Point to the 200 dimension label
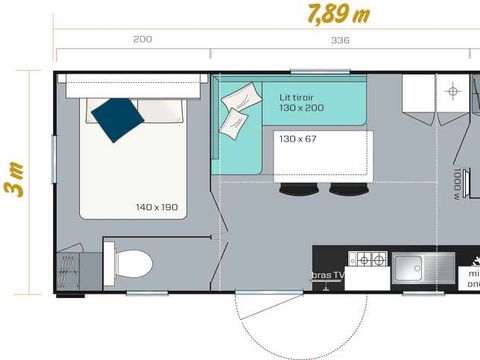tap(143, 41)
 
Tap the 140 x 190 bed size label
tap(156, 207)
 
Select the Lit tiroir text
tap(298, 97)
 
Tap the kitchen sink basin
tap(411, 267)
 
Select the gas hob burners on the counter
tap(371, 261)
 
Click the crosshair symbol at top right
tap(451, 92)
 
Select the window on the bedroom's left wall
tap(54, 160)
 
